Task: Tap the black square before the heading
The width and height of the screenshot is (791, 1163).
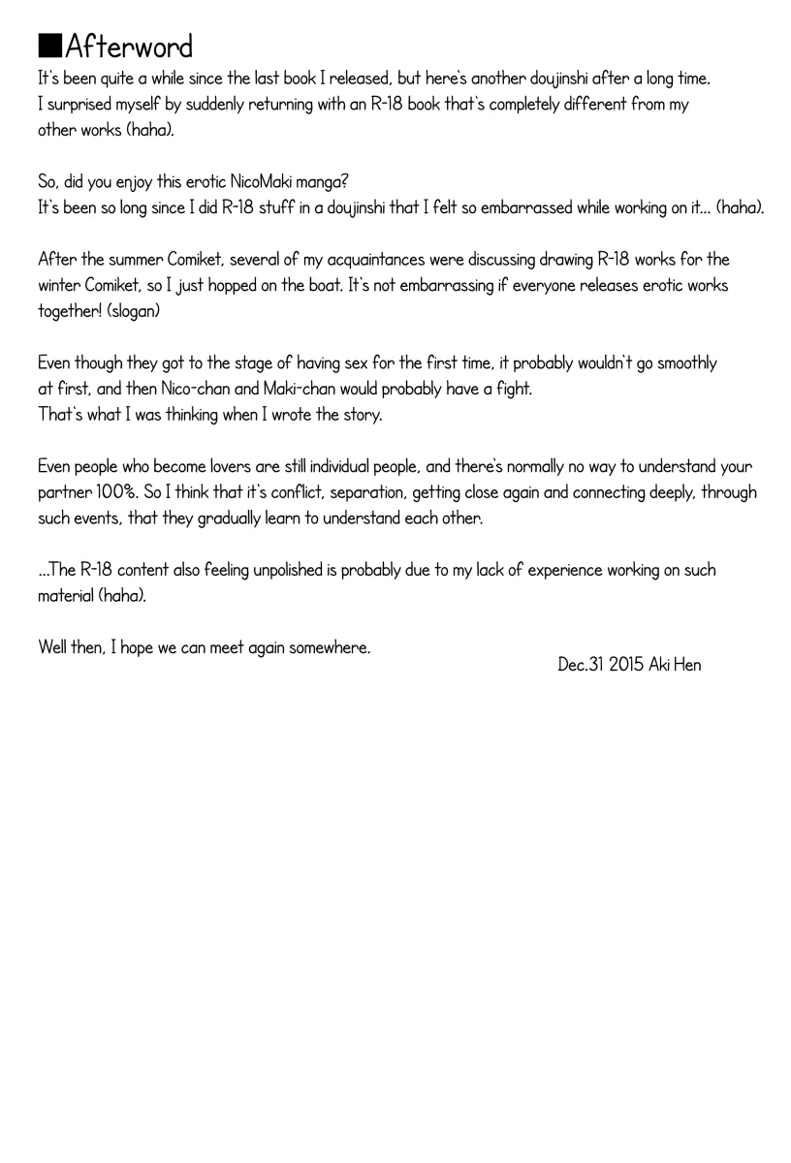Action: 50,47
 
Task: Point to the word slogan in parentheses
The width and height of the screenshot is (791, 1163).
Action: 120,312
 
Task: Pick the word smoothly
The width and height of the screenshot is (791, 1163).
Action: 683,363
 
